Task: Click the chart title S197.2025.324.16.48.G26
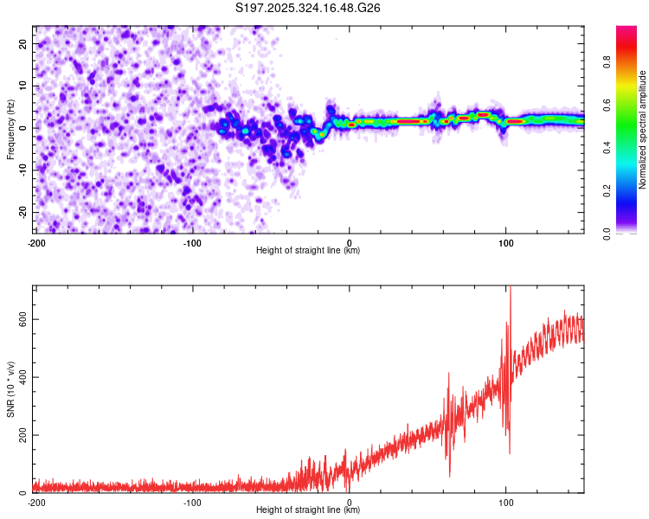[309, 8]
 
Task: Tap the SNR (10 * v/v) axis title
[10, 389]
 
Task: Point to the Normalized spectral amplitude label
[643, 130]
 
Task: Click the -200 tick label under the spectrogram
[36, 243]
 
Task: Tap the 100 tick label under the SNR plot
[506, 503]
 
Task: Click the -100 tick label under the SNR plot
[192, 503]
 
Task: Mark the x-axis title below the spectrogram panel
[308, 251]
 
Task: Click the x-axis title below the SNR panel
[308, 510]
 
